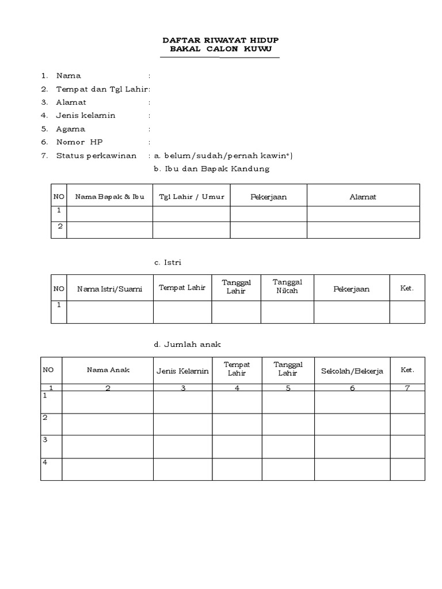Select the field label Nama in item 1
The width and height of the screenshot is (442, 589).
point(68,76)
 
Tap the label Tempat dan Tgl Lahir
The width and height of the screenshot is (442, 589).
point(102,89)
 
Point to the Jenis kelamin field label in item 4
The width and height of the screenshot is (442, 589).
point(86,116)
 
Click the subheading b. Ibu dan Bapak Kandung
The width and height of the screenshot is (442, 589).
point(211,169)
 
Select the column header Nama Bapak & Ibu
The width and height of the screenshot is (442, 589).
point(109,197)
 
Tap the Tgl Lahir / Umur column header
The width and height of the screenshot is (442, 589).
point(192,197)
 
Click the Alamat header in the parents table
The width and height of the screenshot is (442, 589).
point(363,197)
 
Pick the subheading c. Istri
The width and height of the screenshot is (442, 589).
point(167,262)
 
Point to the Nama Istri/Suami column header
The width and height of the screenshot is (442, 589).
point(109,289)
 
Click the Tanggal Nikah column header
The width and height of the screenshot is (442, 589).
point(287,286)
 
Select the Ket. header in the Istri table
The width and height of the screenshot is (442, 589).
point(407,288)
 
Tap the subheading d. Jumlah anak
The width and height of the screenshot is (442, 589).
point(187,344)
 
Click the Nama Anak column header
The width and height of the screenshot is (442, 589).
point(108,370)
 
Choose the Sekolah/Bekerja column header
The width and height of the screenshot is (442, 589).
point(352,370)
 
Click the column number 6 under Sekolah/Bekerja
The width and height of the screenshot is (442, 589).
point(352,388)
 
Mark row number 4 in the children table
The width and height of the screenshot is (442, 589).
point(45,462)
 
